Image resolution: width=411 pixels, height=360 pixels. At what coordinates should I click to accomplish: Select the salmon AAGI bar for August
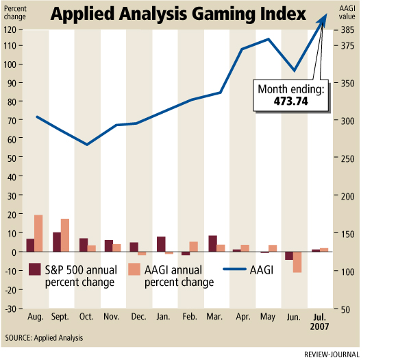pos(38,233)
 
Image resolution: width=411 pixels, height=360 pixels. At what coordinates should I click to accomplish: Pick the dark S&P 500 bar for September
pos(57,241)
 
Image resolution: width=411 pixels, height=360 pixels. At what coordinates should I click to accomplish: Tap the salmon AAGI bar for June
pos(297,262)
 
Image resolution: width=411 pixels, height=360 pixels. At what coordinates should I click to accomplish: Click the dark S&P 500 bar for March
pos(213,243)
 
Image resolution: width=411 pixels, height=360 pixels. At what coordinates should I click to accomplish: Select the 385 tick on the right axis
pos(348,30)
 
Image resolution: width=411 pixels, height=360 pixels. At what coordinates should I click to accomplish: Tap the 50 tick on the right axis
pos(346,309)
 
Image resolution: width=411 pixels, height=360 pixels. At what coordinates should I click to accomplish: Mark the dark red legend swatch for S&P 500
pos(34,269)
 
